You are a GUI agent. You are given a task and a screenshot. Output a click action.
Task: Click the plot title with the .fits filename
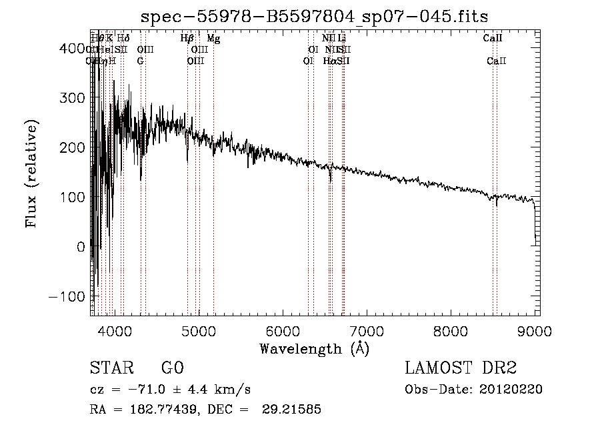point(319,16)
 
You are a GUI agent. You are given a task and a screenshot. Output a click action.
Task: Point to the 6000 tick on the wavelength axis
point(283,330)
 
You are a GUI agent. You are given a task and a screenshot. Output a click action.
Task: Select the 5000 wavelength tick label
point(199,330)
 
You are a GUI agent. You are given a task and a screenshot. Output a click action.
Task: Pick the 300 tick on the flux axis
point(74,97)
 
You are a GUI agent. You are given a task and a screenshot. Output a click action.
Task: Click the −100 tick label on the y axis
point(67,296)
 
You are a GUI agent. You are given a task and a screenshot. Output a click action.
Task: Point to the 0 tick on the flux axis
point(81,246)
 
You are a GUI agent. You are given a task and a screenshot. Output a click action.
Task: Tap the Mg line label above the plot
point(213,39)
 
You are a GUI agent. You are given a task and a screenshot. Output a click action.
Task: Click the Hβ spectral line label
point(187,39)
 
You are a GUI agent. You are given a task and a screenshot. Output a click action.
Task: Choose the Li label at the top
point(342,39)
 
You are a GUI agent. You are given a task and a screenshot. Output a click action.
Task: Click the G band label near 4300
point(140,61)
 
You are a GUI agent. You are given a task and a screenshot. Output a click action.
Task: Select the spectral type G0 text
point(172,368)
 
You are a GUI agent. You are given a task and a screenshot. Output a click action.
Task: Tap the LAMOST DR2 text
point(461,368)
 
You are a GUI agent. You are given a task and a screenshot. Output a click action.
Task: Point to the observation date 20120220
point(510,390)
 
